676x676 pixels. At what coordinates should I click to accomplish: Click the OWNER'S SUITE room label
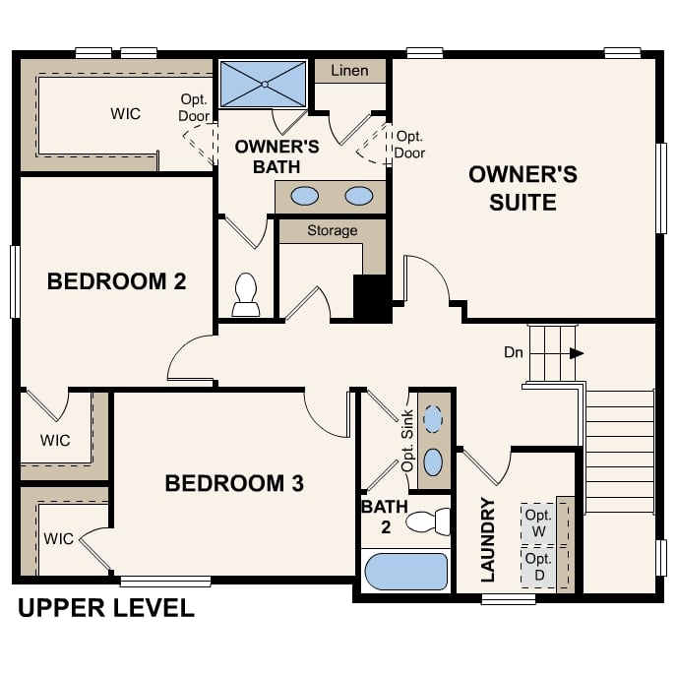click(522, 189)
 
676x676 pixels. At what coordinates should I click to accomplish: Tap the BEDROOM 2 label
click(116, 282)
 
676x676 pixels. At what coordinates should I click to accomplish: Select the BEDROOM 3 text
click(233, 483)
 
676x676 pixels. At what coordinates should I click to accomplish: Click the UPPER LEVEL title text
click(105, 609)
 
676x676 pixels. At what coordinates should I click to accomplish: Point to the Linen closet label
click(349, 71)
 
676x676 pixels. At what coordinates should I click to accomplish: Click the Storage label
click(332, 230)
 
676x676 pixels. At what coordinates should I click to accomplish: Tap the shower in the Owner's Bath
click(263, 84)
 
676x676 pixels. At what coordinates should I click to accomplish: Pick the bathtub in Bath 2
click(405, 572)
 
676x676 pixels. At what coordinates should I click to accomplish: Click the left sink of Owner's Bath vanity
click(305, 196)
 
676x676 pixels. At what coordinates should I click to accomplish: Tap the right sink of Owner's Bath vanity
click(359, 196)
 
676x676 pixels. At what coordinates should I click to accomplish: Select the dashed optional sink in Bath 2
click(433, 419)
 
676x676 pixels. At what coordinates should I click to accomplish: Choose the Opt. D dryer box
click(537, 567)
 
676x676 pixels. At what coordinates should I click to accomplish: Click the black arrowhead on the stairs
click(577, 353)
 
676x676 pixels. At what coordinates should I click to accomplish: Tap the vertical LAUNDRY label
click(487, 539)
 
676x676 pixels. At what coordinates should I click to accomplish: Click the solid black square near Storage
click(372, 296)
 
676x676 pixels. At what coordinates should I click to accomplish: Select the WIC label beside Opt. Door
click(125, 113)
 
